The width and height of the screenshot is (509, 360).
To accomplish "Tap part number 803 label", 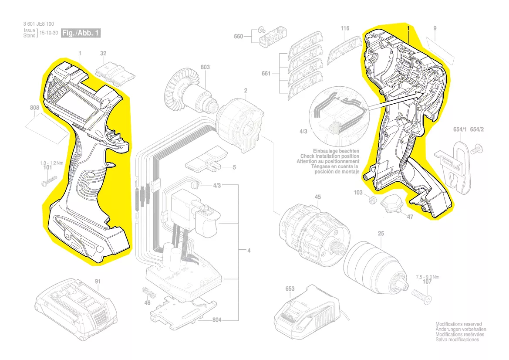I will click(205, 67).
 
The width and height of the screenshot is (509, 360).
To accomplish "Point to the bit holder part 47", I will click(391, 204).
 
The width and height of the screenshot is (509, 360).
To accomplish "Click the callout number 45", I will click(318, 197).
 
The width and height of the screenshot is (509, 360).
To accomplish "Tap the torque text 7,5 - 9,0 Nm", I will click(427, 277).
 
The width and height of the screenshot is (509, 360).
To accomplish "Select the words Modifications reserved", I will click(458, 324).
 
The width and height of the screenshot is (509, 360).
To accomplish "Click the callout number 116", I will click(345, 28).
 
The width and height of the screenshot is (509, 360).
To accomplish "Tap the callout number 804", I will click(217, 320).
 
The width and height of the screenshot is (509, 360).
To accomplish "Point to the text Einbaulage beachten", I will click(336, 151).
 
